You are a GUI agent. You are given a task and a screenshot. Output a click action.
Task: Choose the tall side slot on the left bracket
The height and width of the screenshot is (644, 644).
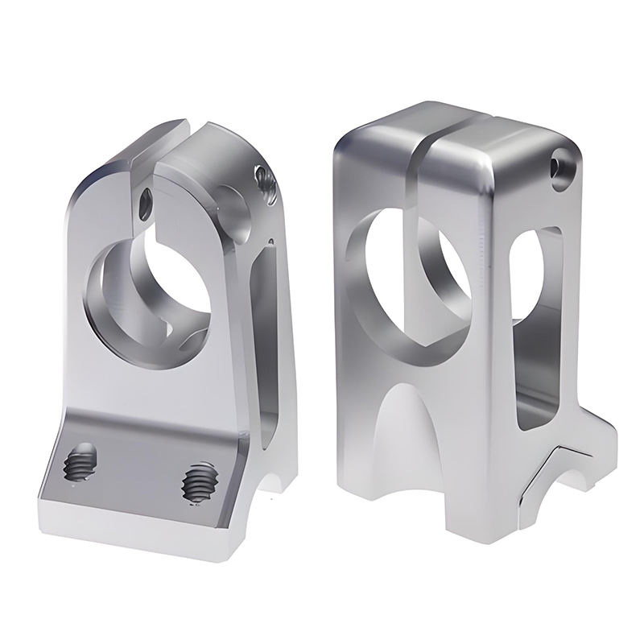point(266,338)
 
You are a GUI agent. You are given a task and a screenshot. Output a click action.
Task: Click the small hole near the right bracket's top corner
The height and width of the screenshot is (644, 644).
point(559,166)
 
